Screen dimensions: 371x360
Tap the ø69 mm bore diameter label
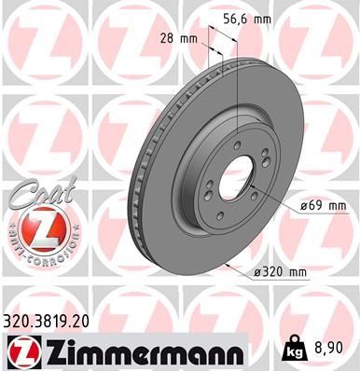pos(322,205)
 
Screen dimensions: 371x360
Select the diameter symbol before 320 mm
pos(256,272)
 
